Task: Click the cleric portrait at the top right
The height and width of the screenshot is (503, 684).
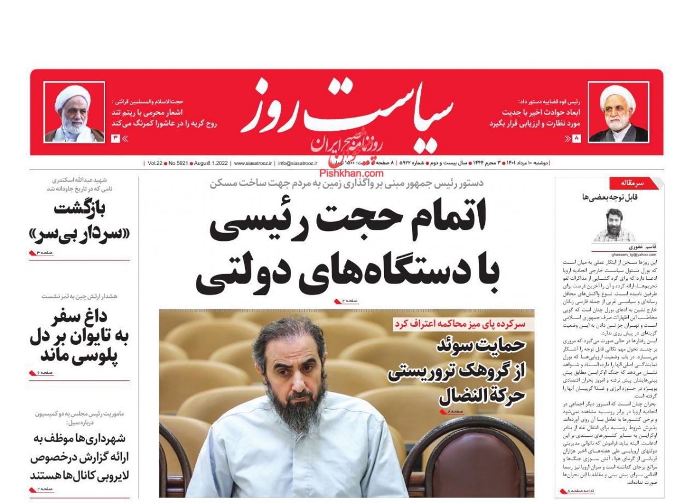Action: pos(618,113)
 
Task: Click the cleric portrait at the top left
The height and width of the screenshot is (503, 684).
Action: pos(74,113)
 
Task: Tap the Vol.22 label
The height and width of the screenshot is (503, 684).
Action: pos(155,163)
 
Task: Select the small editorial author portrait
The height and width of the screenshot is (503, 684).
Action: pos(614,225)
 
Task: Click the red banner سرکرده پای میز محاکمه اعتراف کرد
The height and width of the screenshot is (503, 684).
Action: pos(460,324)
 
